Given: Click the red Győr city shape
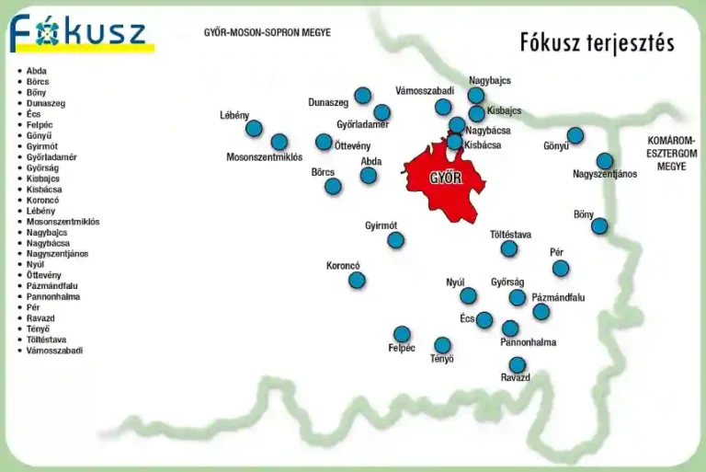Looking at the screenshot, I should [x=445, y=178].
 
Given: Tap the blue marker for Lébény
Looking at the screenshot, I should [x=254, y=129].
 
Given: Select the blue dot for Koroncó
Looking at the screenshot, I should [x=357, y=280].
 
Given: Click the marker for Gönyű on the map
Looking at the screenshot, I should [x=575, y=135].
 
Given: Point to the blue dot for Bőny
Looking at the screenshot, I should [x=599, y=225].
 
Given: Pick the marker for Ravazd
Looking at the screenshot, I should [x=518, y=365].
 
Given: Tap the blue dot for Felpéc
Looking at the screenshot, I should [x=402, y=334].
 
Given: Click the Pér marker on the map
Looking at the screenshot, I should [x=561, y=268].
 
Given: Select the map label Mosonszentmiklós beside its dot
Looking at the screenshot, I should [x=265, y=157].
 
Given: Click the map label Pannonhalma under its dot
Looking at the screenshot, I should [x=528, y=342].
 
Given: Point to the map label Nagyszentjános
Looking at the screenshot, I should [x=605, y=174].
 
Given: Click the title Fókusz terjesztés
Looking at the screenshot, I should [x=597, y=42].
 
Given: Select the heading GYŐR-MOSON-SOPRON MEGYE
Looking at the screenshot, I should [x=268, y=33].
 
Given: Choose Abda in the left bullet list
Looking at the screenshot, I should [x=37, y=71].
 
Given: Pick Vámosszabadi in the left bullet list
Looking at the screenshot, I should [x=54, y=351].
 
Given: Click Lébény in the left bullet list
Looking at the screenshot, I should [x=40, y=211].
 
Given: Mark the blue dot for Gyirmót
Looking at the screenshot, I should [x=395, y=240].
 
